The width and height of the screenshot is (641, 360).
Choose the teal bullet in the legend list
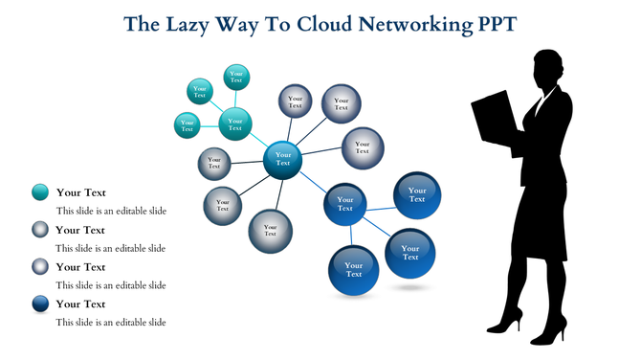pos(40,192)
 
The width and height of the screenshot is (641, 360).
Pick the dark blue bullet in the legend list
pos(40,304)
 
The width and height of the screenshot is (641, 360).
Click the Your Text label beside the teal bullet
pos(80,192)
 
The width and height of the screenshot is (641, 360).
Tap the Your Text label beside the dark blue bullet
pos(80,304)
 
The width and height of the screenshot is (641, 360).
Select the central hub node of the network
pos(283,159)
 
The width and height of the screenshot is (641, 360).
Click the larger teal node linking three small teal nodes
pos(235,123)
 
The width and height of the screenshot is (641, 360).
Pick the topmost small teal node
pos(236,77)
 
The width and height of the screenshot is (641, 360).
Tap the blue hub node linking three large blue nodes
pos(345,204)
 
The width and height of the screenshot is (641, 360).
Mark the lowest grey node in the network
pos(270,230)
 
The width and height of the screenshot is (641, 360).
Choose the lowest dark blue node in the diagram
pos(354,269)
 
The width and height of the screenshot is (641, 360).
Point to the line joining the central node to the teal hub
pos(259,141)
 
